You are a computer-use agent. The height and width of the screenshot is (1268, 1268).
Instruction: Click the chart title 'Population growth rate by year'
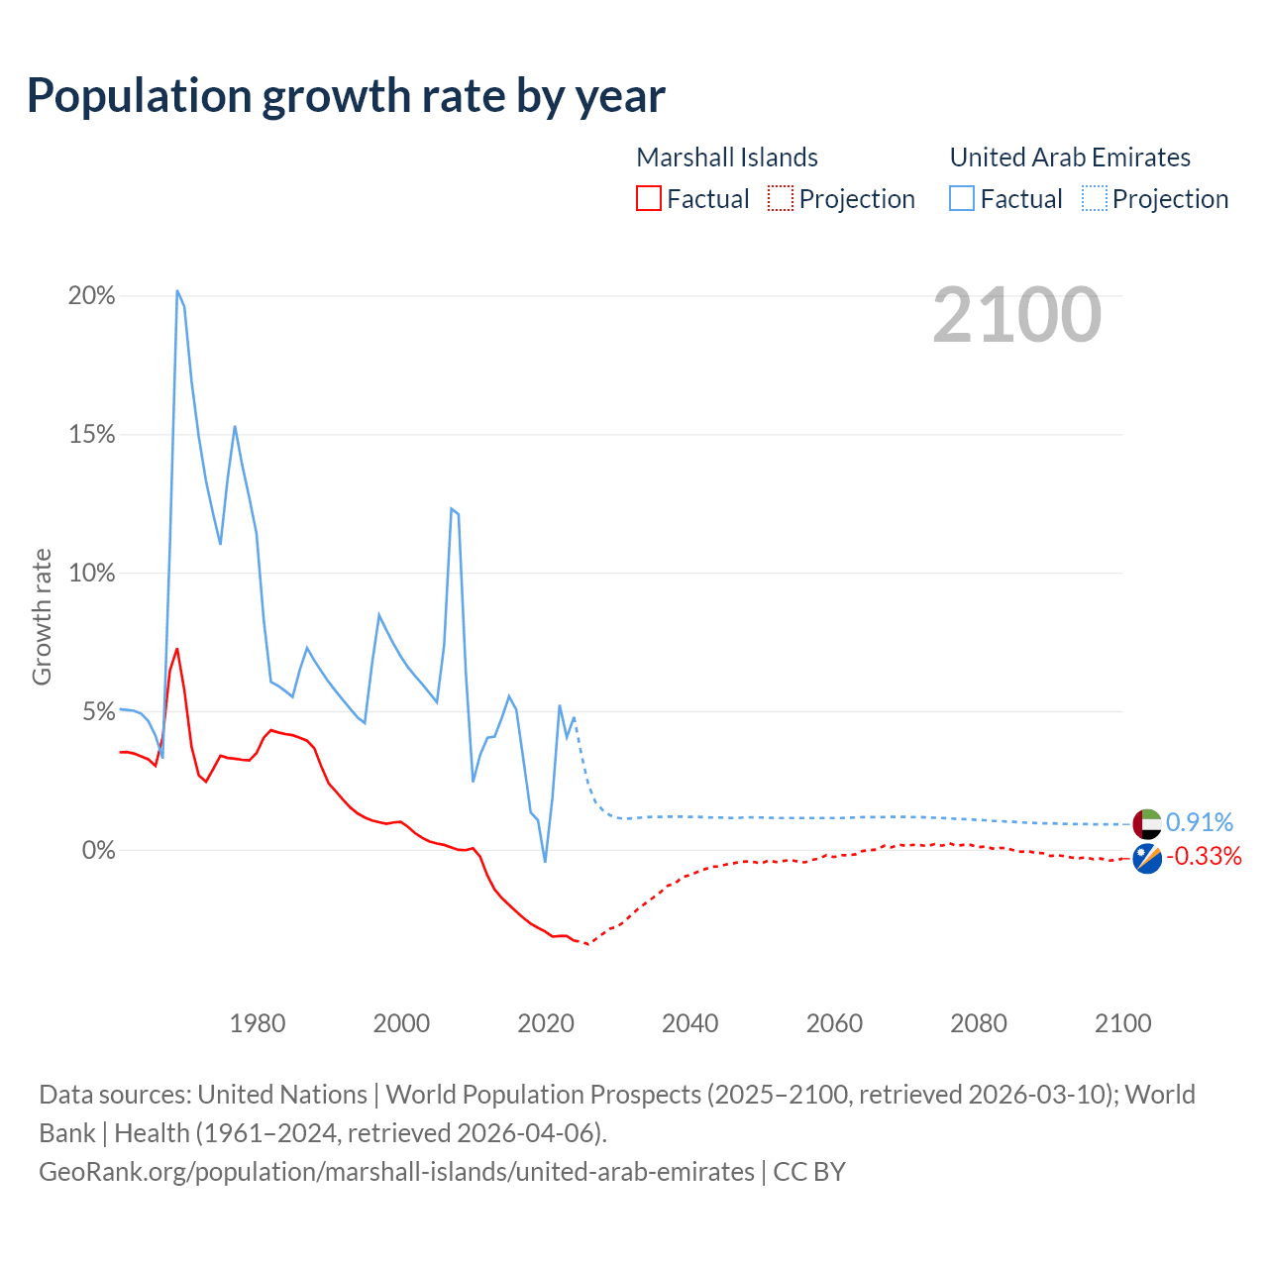(346, 96)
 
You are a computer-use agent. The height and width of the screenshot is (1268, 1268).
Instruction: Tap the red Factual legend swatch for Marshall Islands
(648, 198)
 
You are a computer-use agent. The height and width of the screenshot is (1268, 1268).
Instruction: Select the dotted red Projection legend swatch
(781, 198)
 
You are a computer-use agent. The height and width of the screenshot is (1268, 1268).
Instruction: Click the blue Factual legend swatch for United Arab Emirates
(961, 198)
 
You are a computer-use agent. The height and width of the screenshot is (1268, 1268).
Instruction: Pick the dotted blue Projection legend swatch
(1094, 198)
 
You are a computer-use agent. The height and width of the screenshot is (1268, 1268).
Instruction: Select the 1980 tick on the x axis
(258, 1023)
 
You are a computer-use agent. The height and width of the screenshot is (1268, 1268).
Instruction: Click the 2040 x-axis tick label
(690, 1023)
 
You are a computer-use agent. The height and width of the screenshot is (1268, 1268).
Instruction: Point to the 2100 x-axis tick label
(1122, 1023)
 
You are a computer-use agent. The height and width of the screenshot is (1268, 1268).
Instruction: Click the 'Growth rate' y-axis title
(42, 616)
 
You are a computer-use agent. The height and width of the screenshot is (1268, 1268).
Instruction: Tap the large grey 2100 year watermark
(1016, 315)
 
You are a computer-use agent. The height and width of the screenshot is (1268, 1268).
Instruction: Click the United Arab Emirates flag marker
(1147, 823)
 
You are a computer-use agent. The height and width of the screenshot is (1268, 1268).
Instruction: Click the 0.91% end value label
(1200, 823)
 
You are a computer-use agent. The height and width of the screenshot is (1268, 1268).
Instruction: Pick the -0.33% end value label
(1204, 857)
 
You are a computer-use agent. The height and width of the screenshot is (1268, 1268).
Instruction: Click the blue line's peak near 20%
(177, 291)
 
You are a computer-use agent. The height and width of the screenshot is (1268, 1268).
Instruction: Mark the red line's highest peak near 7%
(177, 650)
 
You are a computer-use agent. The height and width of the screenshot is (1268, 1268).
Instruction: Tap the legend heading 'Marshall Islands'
(726, 158)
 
